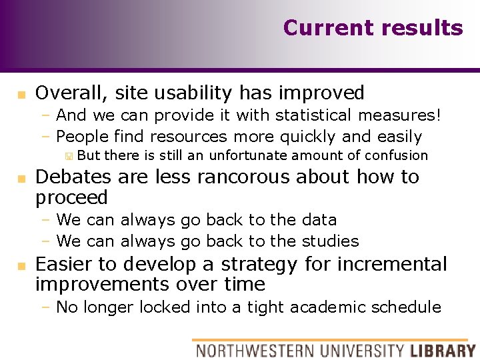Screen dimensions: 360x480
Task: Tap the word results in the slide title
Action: (x=421, y=28)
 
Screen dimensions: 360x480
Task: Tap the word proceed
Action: (x=71, y=198)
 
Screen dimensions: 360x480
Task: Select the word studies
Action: (x=330, y=241)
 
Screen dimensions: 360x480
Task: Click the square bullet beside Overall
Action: (x=21, y=94)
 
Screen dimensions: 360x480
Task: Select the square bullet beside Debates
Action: (x=21, y=178)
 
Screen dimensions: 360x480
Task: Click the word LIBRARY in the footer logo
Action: (x=442, y=350)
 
